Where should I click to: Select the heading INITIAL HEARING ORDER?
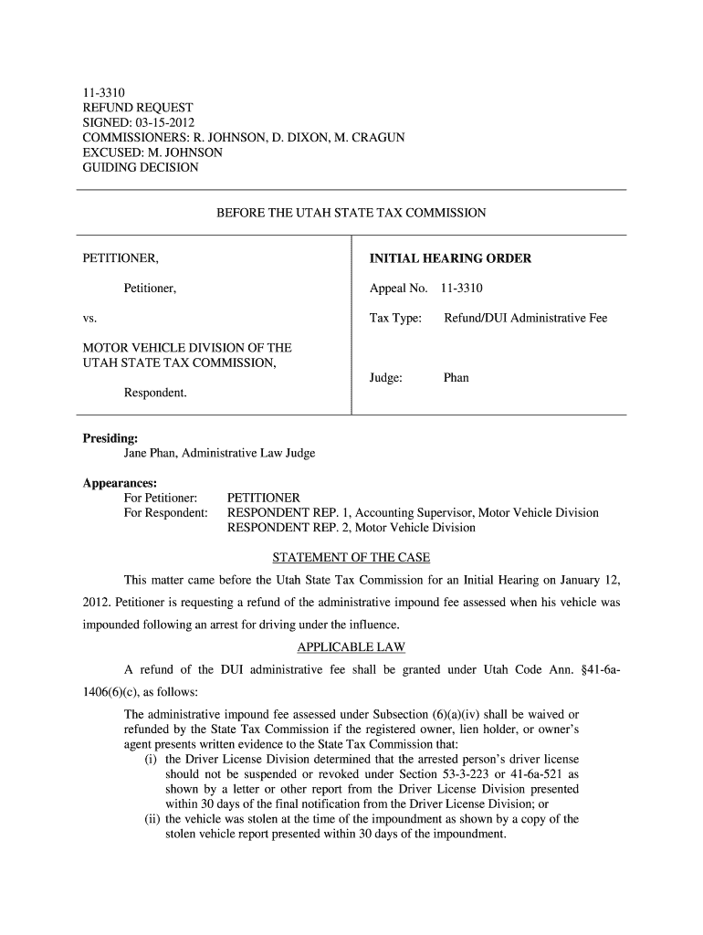[x=450, y=259]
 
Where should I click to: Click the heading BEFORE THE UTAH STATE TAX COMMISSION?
[x=351, y=213]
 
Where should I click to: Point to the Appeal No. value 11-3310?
[x=462, y=289]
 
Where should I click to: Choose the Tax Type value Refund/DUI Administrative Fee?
[x=525, y=319]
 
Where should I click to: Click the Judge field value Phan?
[x=456, y=377]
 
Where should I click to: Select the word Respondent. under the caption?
[x=155, y=393]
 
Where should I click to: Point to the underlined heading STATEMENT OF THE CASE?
[x=351, y=558]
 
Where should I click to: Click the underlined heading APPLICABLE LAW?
[x=351, y=647]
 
